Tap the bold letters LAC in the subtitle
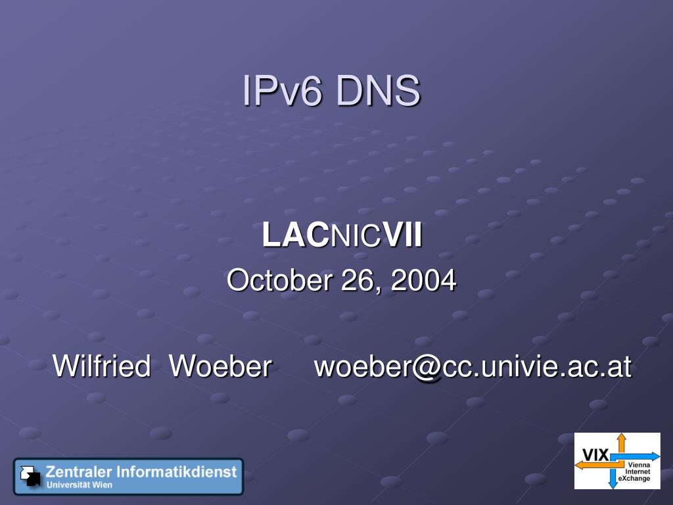[x=294, y=235]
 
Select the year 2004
[x=423, y=281]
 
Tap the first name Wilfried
[x=101, y=366]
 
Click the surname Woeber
[x=220, y=366]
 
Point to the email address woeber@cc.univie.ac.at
[x=473, y=366]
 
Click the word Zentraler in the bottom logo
[x=79, y=471]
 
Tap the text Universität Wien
[x=79, y=485]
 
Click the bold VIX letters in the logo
[x=595, y=454]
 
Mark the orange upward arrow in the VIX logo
[x=621, y=442]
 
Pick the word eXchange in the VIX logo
[x=634, y=479]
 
